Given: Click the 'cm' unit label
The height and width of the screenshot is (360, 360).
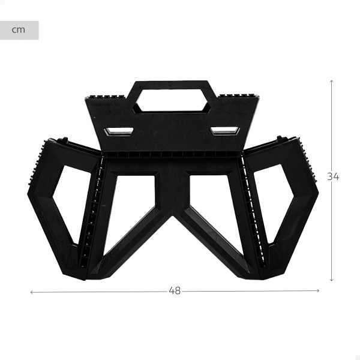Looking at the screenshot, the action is coord(19,30).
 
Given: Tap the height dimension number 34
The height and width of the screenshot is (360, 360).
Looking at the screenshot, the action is coord(333,176).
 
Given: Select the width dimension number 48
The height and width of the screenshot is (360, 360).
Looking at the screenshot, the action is coord(175,290).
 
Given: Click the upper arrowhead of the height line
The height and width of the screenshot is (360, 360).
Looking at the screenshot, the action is coord(331,81).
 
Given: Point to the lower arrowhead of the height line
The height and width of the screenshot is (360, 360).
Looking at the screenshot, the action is coord(331,280).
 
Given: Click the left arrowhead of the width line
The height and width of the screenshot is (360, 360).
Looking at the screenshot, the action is coord(32,292).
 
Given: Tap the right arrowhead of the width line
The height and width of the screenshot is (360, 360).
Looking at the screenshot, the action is coord(318,290).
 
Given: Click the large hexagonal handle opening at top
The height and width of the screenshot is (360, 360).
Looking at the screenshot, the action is coord(173,100).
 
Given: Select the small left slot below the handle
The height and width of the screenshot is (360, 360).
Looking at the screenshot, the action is coord(118,132).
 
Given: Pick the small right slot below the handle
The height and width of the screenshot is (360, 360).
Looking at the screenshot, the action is coord(225,131).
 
